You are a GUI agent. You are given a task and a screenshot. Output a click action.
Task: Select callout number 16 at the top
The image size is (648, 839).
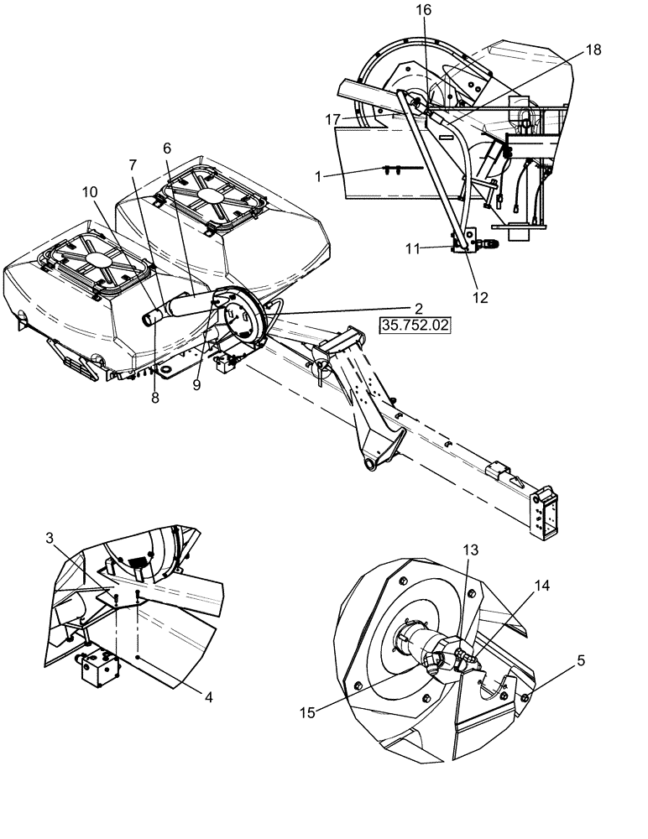[423, 10]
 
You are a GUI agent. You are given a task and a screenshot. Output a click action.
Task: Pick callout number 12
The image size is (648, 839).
[478, 297]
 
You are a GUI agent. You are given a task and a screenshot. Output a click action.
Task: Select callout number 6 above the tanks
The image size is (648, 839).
[168, 148]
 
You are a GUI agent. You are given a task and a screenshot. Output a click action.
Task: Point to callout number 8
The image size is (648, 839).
[154, 399]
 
